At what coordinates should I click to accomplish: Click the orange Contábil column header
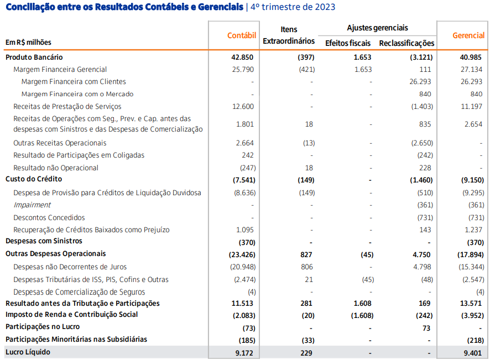[242, 35]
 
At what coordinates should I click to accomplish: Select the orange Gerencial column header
[468, 35]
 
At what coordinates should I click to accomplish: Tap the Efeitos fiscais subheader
[348, 43]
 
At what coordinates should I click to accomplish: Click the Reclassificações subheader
[406, 44]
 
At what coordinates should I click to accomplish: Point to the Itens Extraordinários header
[289, 35]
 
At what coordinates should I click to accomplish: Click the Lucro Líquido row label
[28, 352]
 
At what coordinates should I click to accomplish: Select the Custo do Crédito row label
[34, 179]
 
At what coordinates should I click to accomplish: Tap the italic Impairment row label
[32, 205]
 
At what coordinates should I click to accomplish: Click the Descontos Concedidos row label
[49, 217]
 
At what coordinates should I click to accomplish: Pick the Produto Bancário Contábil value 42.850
[242, 58]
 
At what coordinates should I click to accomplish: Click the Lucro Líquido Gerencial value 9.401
[473, 353]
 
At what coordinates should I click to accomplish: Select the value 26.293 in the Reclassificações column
[420, 82]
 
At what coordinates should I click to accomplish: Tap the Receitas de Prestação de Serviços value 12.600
[243, 107]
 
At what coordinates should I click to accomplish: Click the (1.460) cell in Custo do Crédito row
[421, 180]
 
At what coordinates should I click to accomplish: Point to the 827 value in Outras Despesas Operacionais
[306, 255]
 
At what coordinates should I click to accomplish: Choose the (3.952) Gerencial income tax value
[472, 316]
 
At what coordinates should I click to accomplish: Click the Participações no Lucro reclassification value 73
[426, 328]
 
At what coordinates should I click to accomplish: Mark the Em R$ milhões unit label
[28, 42]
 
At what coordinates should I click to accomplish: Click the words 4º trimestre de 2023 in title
[293, 7]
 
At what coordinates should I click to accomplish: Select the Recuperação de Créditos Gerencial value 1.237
[473, 230]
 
